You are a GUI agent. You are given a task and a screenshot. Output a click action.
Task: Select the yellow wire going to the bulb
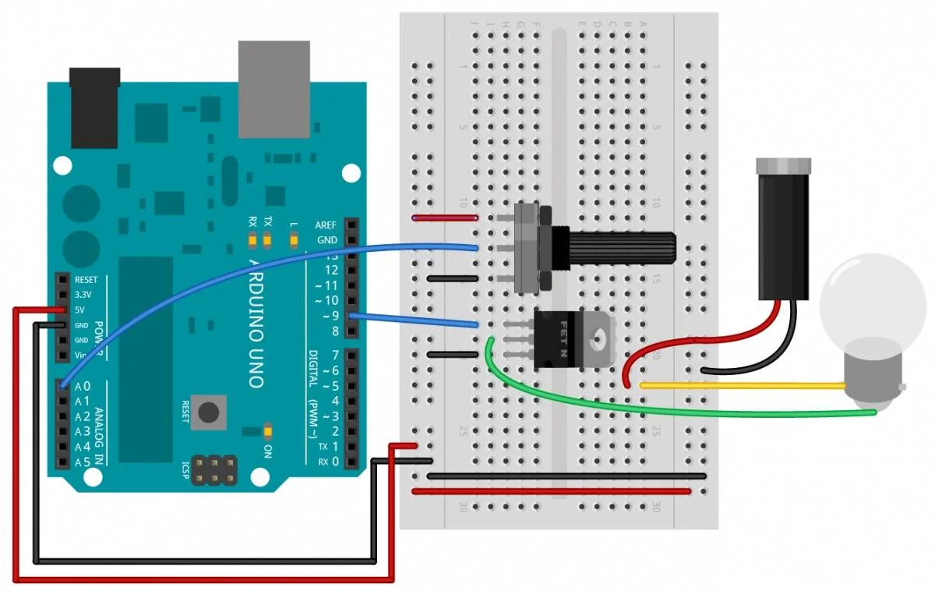[x=740, y=385]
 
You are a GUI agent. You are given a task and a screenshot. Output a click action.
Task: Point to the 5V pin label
[x=80, y=310]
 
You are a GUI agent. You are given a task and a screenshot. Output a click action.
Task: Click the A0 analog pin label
[x=83, y=386]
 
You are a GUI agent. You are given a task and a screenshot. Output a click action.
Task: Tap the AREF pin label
[x=326, y=225]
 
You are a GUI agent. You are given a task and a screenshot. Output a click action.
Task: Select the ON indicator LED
[x=267, y=430]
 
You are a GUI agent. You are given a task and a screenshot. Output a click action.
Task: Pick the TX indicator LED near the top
[x=268, y=239]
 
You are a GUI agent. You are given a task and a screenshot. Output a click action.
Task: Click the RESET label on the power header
[x=86, y=280]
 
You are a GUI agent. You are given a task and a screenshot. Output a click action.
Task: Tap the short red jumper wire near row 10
[x=445, y=219]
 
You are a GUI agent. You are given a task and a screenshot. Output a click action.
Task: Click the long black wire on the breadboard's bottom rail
[x=566, y=475]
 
